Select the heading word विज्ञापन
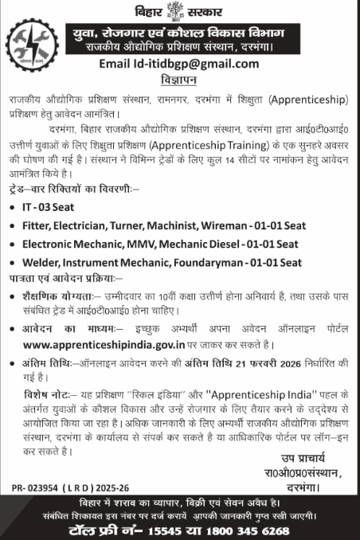pyautogui.click(x=181, y=80)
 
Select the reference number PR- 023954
pyautogui.click(x=37, y=484)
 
